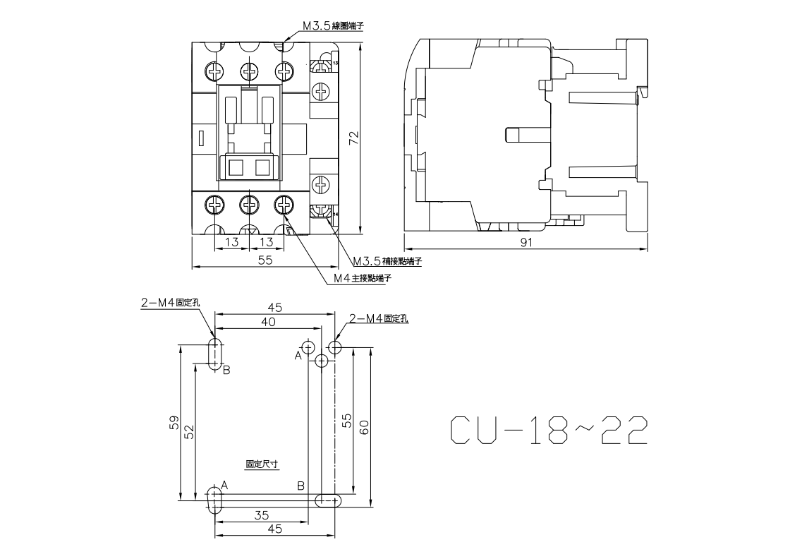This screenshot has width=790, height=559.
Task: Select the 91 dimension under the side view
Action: point(525,242)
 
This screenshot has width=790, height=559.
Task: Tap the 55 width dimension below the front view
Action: point(265,260)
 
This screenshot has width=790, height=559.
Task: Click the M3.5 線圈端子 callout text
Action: point(333,25)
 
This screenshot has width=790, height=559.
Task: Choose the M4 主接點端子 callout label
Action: point(362,277)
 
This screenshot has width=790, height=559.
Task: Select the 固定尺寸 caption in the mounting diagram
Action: point(262,464)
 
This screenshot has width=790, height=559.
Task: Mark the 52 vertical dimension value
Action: point(189,431)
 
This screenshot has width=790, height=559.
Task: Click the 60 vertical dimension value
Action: point(364,426)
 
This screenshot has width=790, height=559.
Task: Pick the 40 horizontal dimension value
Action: point(267,321)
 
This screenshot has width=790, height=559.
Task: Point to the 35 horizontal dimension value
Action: point(261,515)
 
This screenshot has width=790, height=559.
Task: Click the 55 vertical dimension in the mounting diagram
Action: point(346,421)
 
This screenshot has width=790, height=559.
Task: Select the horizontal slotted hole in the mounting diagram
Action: point(328,500)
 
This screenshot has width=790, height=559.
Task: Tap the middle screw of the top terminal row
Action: point(250,71)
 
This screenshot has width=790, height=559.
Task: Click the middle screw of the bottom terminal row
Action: point(250,205)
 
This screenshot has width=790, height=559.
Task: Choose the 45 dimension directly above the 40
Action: point(274,307)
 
